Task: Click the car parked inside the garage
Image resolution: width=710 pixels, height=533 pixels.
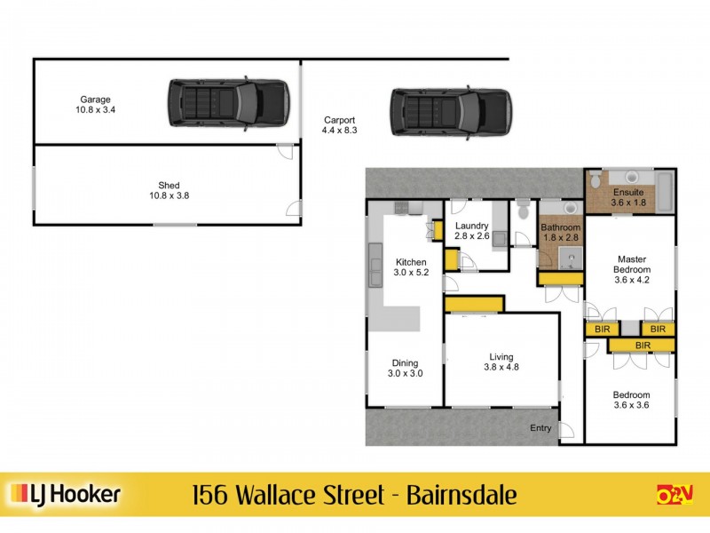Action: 228,105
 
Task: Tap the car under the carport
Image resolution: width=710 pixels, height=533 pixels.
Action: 451,111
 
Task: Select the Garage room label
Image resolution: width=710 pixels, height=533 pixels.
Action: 96,105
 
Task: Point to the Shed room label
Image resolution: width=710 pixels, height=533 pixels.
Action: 169,191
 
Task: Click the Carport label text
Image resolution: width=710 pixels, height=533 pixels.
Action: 339,125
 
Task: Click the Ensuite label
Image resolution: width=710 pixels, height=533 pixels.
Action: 629,197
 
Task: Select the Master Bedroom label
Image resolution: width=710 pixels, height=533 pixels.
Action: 634,269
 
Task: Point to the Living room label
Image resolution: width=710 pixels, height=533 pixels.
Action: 502,362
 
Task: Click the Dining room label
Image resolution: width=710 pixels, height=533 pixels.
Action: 404,368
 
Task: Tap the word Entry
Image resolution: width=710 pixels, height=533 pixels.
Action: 540,428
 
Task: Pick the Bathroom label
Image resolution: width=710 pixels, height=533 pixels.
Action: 560,232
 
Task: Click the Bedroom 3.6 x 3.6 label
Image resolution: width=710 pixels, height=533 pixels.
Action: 631,401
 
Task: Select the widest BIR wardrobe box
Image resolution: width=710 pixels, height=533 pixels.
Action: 642,345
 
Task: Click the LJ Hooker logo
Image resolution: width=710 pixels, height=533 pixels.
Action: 64,494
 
